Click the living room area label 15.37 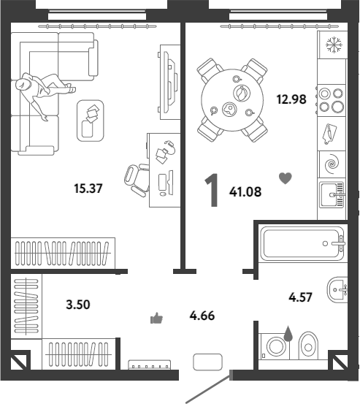pos(88,188)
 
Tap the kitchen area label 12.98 pos(291,99)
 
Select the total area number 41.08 pos(245,191)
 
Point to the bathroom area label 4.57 pos(300,297)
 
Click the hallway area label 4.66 pos(202,316)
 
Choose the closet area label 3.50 pos(78,305)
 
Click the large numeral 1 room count pos(212,190)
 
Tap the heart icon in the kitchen pos(286,178)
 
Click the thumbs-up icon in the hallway pos(156,318)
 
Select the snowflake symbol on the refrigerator pos(334,45)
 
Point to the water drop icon pos(288,333)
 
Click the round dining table pos(232,100)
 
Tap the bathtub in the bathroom pos(302,244)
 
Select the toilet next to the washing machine pos(308,346)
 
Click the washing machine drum pos(276,346)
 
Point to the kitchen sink pos(332,195)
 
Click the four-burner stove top pos(332,101)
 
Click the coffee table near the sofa pos(91,121)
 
